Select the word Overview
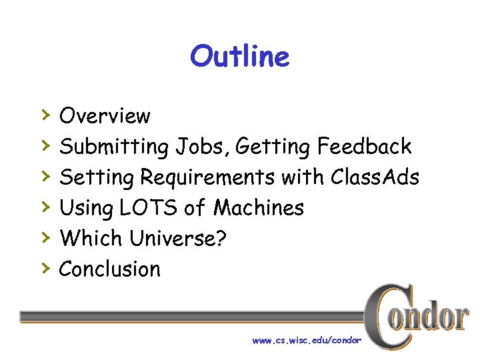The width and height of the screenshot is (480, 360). point(105,116)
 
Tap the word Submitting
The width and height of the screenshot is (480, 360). point(114,147)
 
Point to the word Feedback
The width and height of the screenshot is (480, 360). point(365,146)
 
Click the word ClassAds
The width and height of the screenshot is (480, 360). point(375,177)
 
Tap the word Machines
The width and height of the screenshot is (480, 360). point(258,208)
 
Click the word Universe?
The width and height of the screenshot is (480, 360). point(178,239)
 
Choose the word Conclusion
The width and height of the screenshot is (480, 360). point(110,269)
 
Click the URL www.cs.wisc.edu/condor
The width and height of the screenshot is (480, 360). point(306,341)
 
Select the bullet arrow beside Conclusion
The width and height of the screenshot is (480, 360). point(45,268)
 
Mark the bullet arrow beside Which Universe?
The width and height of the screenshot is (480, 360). point(45,237)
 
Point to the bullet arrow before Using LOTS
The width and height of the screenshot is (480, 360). point(45,207)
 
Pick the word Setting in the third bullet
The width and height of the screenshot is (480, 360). point(97,177)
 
